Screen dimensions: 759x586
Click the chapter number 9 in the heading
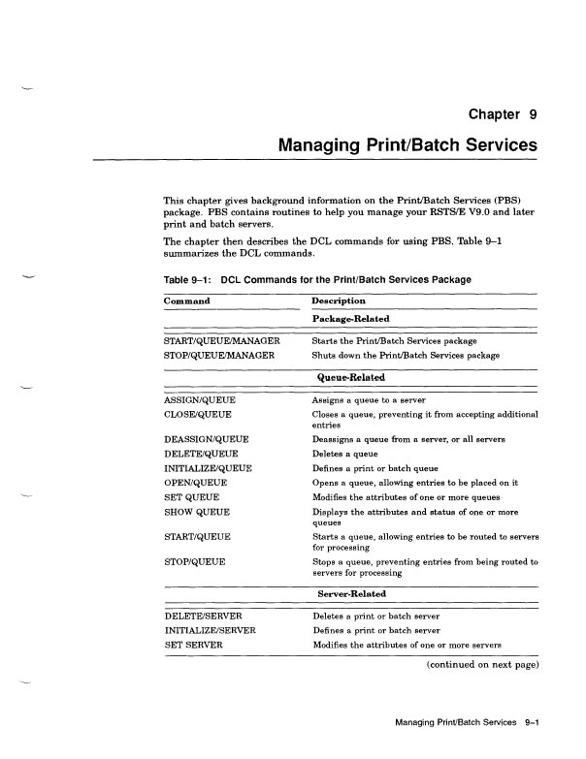(x=532, y=115)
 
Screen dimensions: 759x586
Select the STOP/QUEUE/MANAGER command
(x=216, y=356)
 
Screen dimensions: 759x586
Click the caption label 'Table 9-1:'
(x=189, y=279)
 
